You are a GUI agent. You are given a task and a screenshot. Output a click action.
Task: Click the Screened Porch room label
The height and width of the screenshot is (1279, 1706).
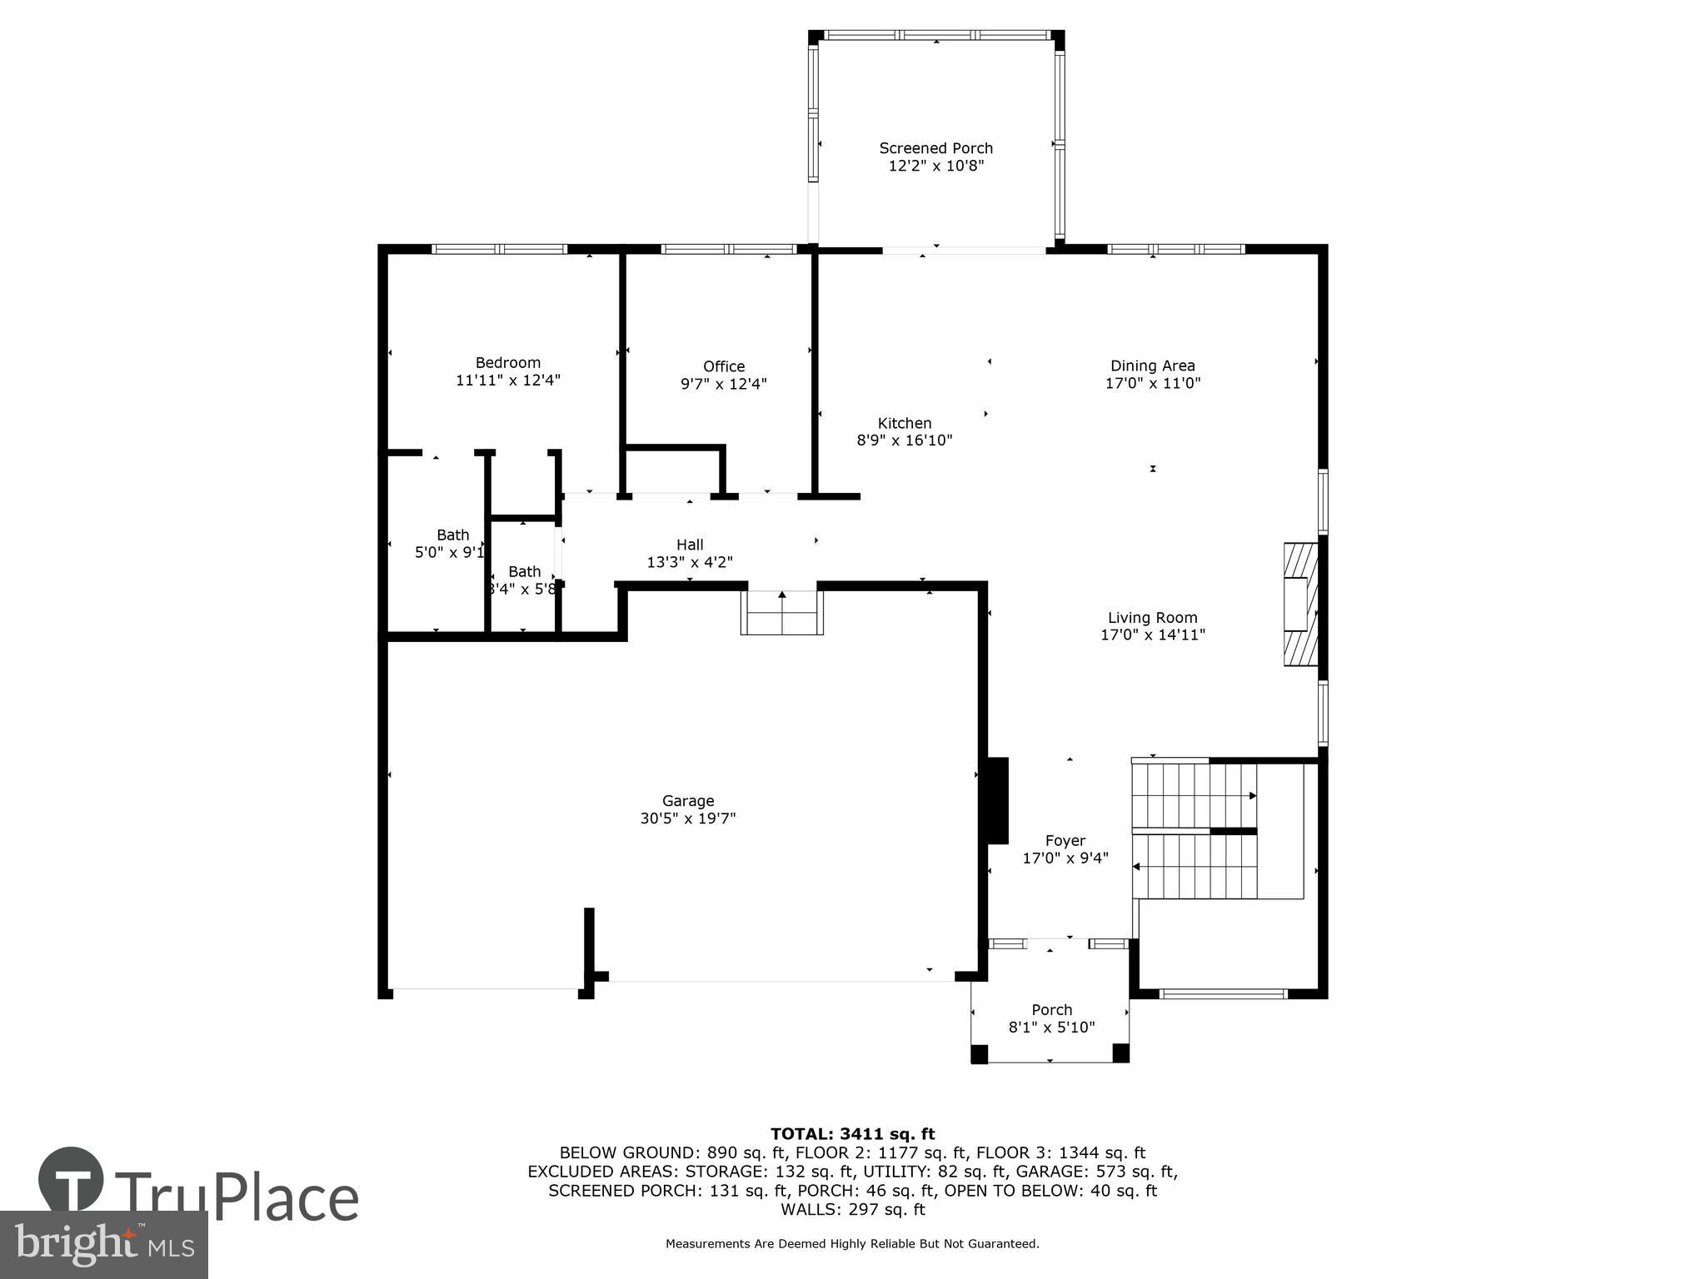(x=935, y=148)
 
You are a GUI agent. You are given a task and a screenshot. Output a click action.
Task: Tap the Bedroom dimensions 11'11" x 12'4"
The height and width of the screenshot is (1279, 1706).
(x=507, y=381)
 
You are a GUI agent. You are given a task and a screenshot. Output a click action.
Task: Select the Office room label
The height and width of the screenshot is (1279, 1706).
(x=723, y=366)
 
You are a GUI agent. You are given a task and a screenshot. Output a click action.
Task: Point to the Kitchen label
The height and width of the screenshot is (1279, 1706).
(x=904, y=423)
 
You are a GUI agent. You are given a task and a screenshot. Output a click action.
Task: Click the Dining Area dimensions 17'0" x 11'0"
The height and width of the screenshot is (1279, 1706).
(x=1152, y=383)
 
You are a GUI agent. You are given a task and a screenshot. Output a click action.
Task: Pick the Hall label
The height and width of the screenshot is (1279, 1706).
(x=690, y=545)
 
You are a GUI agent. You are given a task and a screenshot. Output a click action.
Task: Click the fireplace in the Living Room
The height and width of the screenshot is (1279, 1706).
(x=1299, y=605)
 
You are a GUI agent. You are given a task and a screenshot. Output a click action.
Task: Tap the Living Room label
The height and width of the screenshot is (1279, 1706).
(x=1152, y=618)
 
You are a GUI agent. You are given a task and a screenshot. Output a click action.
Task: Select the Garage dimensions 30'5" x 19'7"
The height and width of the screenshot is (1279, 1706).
(x=687, y=819)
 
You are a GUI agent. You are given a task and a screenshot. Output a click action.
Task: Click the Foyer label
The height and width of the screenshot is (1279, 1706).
(x=1065, y=841)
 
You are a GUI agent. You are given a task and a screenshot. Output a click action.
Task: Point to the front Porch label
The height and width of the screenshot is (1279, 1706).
(x=1051, y=1010)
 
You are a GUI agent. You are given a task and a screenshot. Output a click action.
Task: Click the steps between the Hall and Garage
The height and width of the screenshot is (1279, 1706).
(x=781, y=614)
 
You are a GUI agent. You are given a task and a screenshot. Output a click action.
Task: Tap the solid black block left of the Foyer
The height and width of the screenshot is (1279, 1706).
(x=997, y=800)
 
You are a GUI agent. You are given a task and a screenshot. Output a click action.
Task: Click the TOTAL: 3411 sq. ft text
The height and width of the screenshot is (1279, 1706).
(x=852, y=1134)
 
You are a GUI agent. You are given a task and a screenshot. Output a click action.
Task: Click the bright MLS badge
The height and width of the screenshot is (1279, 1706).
(x=103, y=1244)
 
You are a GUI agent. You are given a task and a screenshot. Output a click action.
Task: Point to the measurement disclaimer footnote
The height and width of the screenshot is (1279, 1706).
(x=852, y=1244)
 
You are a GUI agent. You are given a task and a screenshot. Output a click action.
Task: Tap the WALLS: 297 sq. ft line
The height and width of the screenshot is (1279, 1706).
(x=852, y=1210)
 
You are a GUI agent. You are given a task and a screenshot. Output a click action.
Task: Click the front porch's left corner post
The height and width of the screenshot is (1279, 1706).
(x=980, y=1053)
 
